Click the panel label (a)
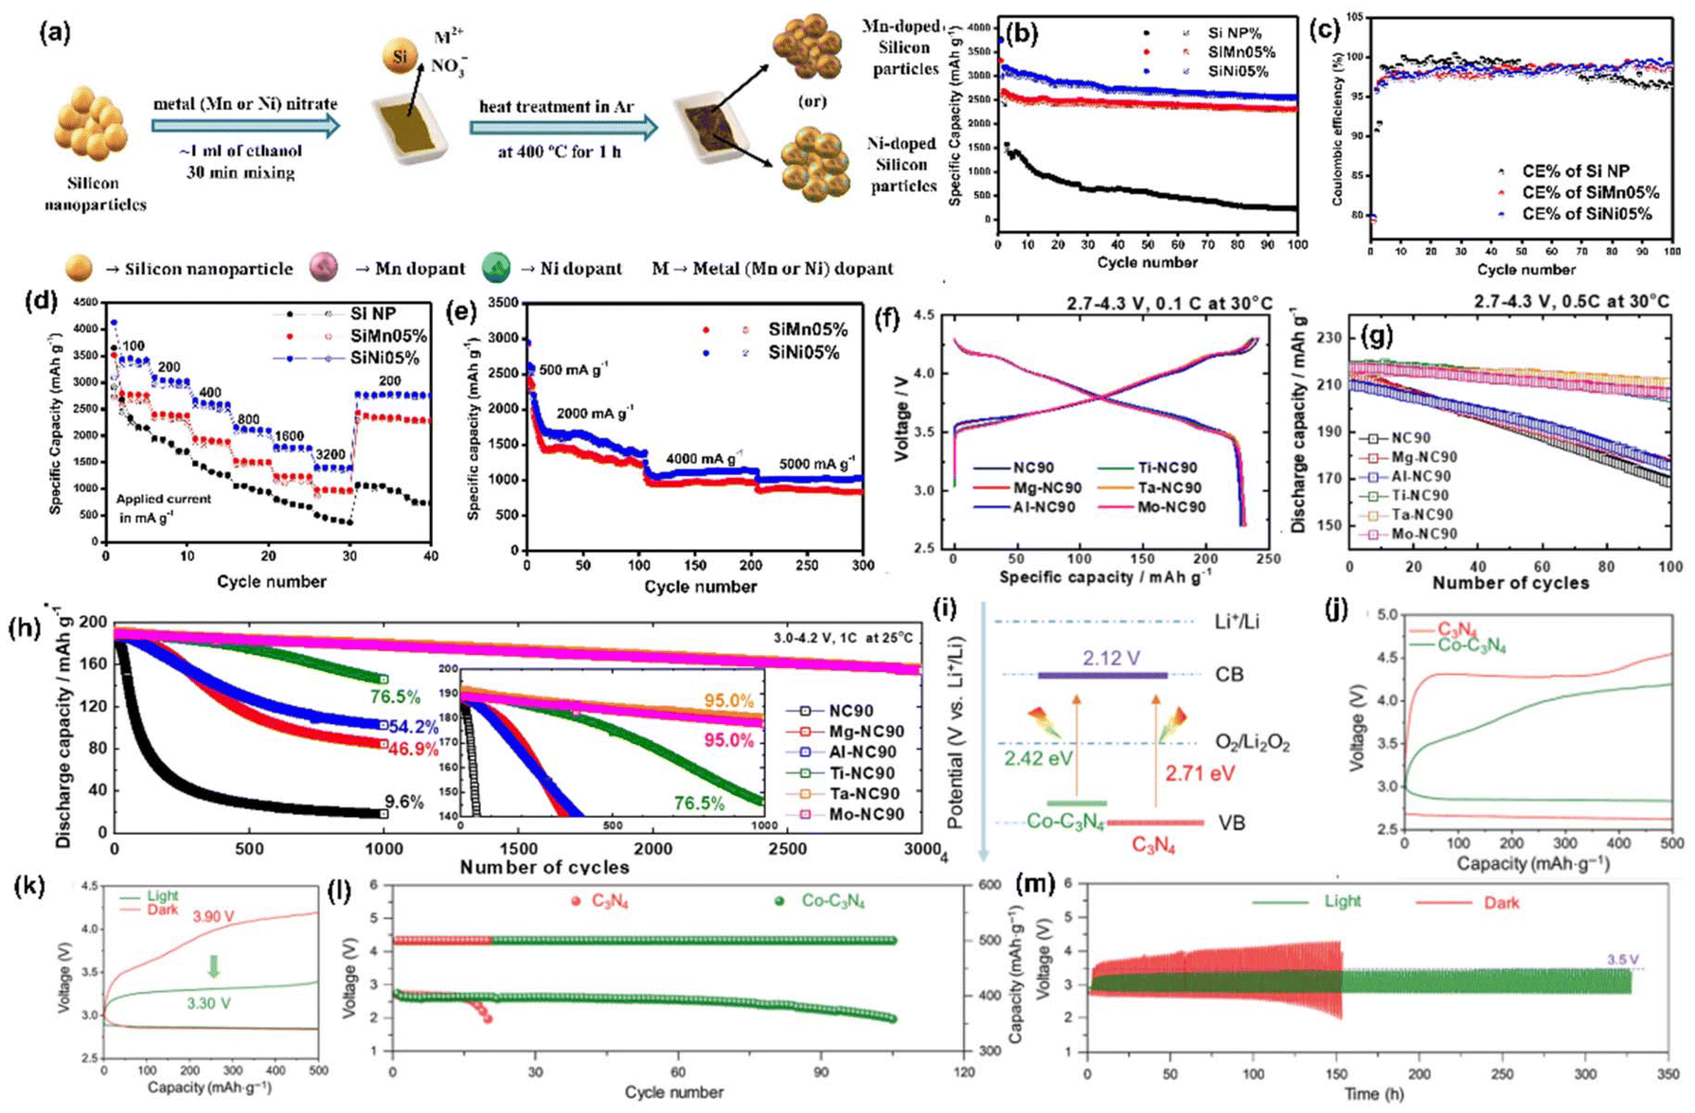(x=54, y=32)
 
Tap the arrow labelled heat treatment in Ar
(x=562, y=127)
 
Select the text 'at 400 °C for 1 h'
(x=559, y=151)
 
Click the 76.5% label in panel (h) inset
(x=699, y=803)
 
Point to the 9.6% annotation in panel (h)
(x=404, y=803)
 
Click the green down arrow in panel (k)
(x=214, y=966)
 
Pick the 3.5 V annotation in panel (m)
(x=1622, y=960)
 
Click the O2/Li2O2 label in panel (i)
(x=1252, y=743)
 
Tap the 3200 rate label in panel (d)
(x=330, y=455)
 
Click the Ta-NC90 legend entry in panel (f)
(x=1161, y=487)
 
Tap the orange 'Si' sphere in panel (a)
(x=401, y=56)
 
